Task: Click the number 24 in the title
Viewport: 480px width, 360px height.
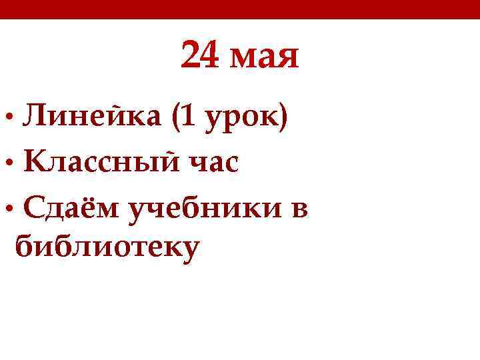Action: click(199, 56)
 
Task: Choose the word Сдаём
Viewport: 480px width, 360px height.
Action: click(71, 209)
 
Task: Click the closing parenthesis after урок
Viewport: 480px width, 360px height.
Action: click(283, 119)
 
